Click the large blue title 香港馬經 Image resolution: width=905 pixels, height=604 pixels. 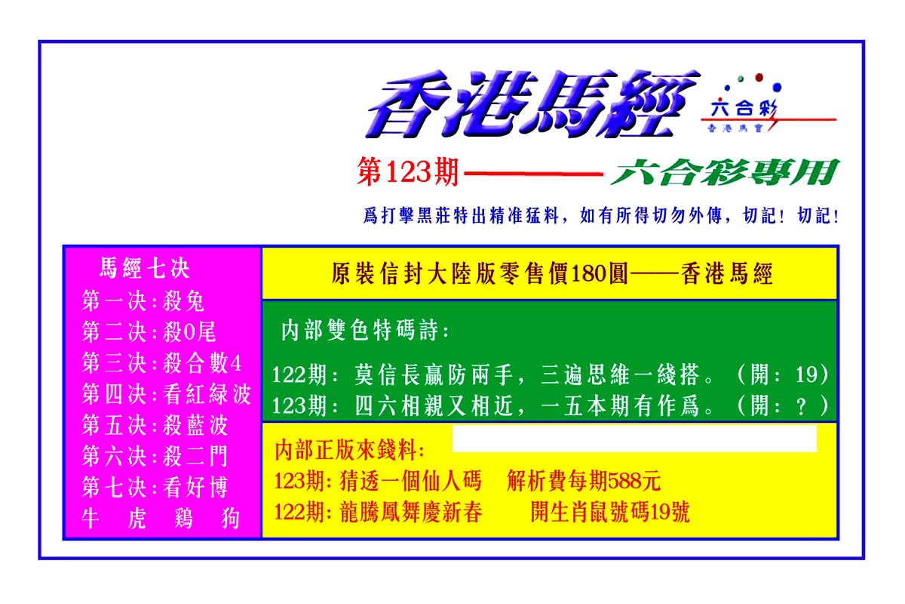pyautogui.click(x=532, y=104)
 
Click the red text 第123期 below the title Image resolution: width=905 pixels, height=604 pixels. pyautogui.click(x=408, y=172)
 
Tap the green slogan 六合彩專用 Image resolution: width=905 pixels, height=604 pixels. pyautogui.click(x=726, y=172)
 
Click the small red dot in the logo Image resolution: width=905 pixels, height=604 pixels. pyautogui.click(x=759, y=77)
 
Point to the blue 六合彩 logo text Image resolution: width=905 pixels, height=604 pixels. pyautogui.click(x=744, y=109)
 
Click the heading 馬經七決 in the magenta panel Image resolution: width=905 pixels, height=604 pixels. pyautogui.click(x=144, y=268)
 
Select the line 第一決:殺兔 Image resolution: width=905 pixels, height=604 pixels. pyautogui.click(x=143, y=301)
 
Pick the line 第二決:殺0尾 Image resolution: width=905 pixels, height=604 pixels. pyautogui.click(x=149, y=332)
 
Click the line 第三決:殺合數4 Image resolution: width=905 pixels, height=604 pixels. pyautogui.click(x=161, y=363)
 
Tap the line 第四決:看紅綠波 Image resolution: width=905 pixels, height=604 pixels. pyautogui.click(x=167, y=393)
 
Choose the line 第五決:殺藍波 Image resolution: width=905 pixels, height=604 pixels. pyautogui.click(x=155, y=425)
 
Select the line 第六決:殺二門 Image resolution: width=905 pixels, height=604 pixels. pyautogui.click(x=155, y=456)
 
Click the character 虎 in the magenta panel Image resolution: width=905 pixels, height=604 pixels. pyautogui.click(x=137, y=518)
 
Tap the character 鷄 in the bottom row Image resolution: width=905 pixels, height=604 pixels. pyautogui.click(x=184, y=518)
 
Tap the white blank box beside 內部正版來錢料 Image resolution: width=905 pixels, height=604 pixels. pyautogui.click(x=634, y=439)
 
